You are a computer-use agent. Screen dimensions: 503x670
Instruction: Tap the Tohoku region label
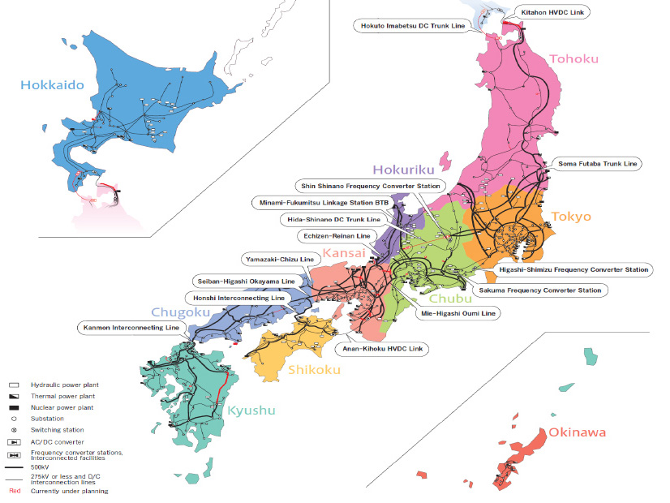pos(574,58)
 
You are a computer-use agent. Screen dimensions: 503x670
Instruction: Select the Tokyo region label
pos(571,217)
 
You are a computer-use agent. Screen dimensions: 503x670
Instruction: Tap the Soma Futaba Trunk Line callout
pos(599,164)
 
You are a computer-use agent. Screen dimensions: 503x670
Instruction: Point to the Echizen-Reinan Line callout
pos(335,235)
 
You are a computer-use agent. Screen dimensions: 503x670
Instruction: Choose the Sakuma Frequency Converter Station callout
pos(540,290)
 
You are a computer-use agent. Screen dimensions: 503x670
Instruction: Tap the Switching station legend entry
pos(57,429)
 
